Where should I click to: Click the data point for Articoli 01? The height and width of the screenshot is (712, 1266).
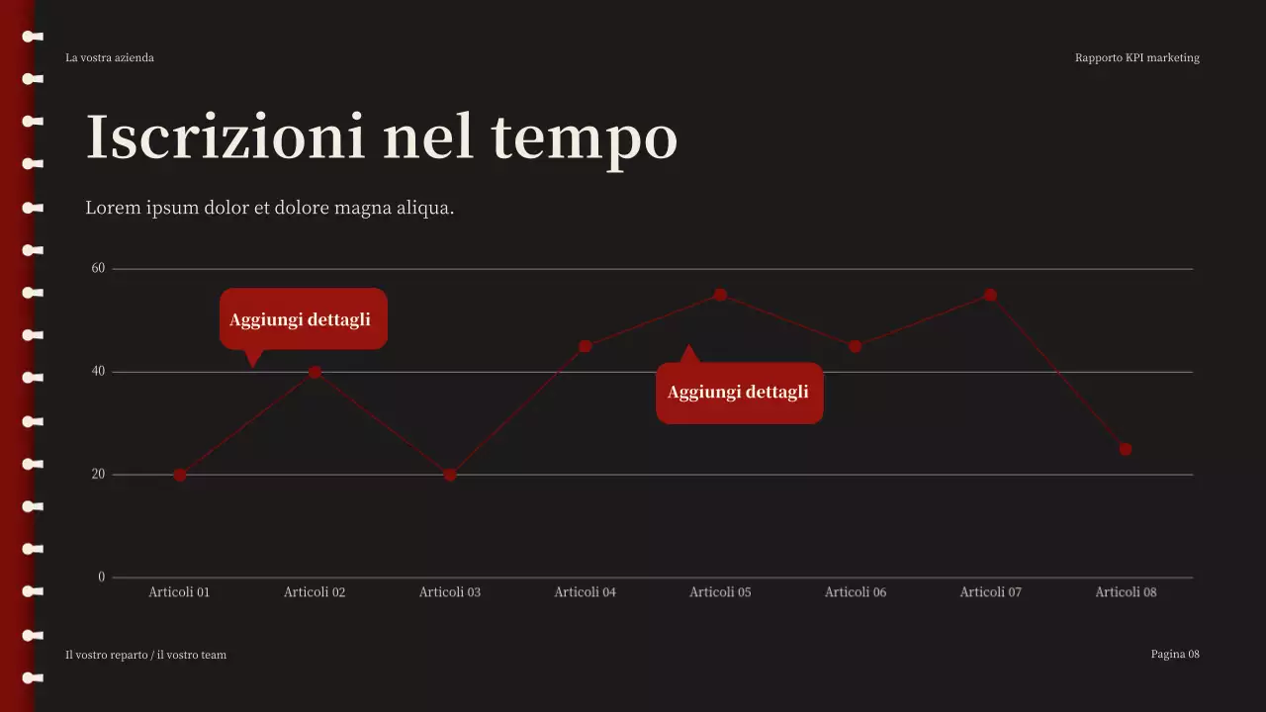point(180,475)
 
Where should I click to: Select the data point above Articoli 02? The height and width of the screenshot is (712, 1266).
point(315,372)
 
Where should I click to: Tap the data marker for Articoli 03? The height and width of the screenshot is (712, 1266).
point(450,475)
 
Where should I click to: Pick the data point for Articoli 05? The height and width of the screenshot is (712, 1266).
point(720,295)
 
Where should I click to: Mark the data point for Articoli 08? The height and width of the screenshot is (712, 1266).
point(1126,449)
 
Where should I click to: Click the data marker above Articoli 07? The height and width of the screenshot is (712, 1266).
point(990,295)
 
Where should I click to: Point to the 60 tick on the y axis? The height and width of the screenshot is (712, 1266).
point(98,268)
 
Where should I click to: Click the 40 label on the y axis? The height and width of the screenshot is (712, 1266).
point(98,371)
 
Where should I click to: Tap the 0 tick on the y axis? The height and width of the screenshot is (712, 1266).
point(101,577)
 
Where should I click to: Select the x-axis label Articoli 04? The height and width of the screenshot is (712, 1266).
point(585,592)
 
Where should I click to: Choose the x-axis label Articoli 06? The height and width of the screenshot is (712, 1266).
point(856,592)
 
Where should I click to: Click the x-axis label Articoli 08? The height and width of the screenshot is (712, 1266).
point(1126,592)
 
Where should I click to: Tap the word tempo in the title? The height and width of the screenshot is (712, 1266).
point(584,138)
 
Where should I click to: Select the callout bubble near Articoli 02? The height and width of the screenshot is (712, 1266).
point(303,319)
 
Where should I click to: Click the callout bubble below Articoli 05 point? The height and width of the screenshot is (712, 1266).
point(739,393)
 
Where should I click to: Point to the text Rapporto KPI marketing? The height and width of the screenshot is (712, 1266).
point(1136,57)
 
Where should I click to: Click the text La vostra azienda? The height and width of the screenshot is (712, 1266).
point(110,57)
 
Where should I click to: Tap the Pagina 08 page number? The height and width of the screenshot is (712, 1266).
point(1175,654)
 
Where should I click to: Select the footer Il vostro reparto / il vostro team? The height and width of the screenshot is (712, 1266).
point(146,655)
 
